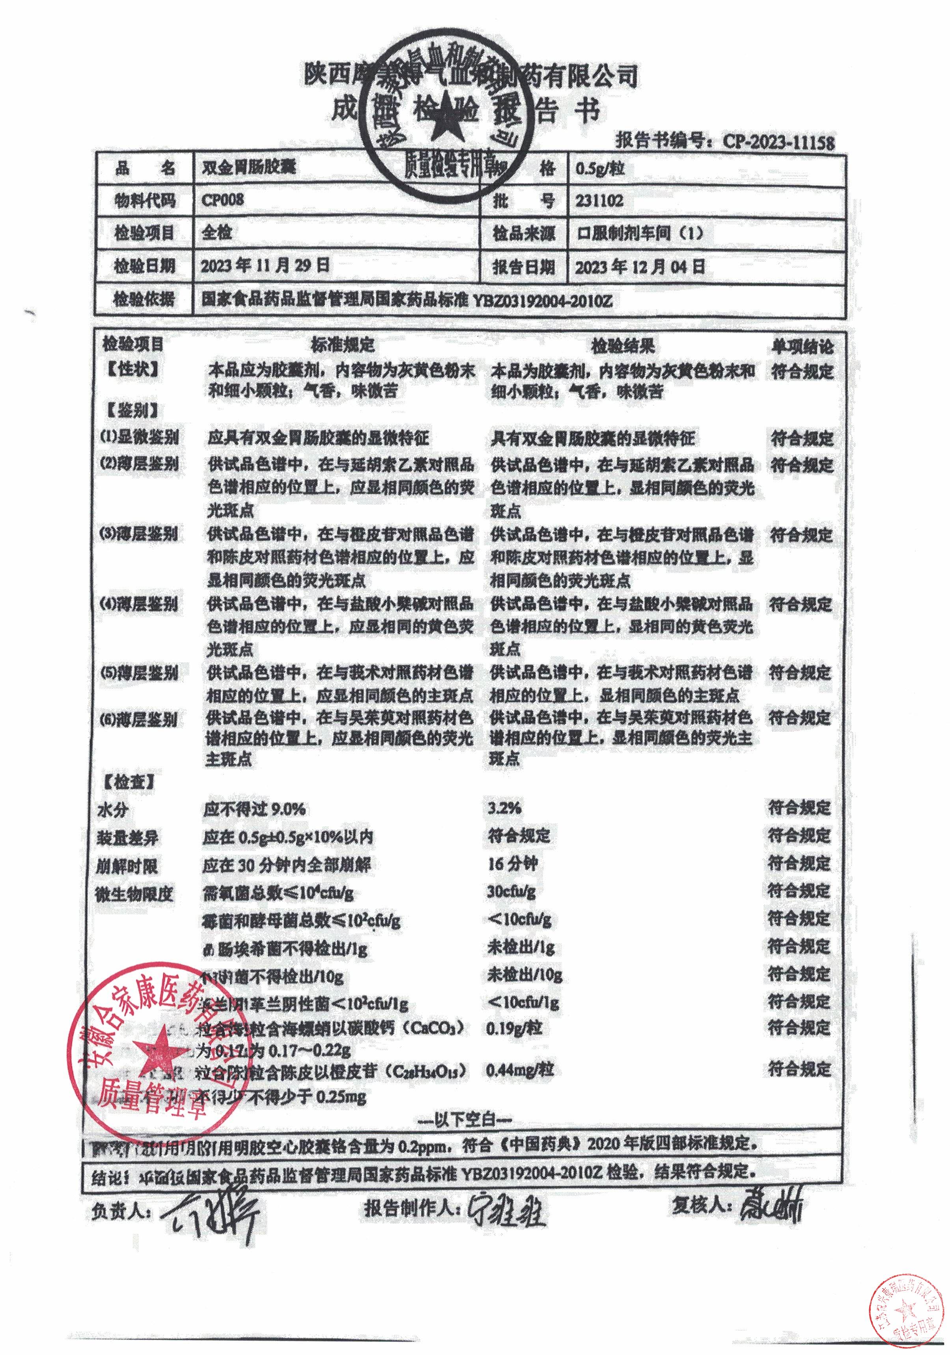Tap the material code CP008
(222, 199)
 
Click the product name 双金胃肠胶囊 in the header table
(248, 168)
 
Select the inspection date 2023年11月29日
(265, 266)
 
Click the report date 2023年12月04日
(640, 267)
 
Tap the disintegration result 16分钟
(512, 864)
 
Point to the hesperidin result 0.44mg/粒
(519, 1069)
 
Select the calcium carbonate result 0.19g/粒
(514, 1028)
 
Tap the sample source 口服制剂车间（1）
(640, 234)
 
